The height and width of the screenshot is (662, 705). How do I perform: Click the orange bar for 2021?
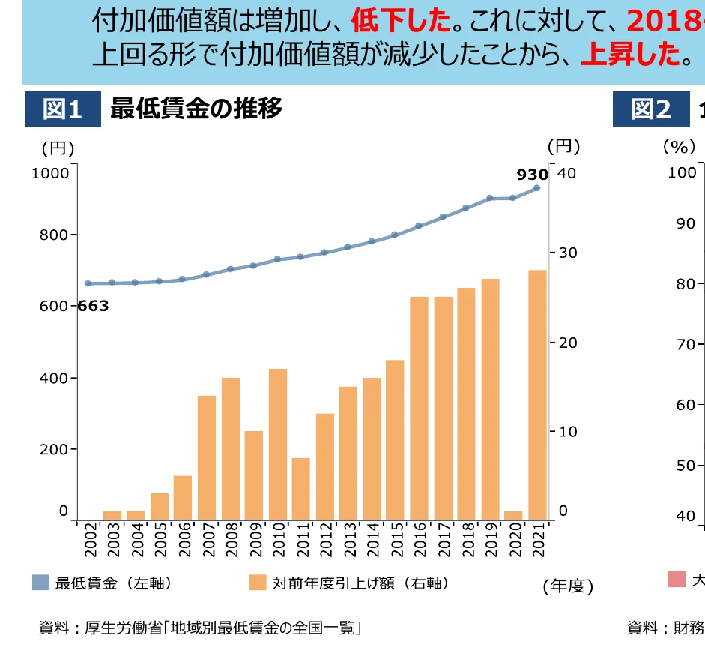pos(537,394)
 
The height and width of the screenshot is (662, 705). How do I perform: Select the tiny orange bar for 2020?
pos(513,515)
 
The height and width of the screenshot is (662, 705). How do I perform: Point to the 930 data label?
pos(532,175)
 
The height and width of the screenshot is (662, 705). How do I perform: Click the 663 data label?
pos(94,306)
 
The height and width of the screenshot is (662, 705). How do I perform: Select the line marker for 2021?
pos(537,188)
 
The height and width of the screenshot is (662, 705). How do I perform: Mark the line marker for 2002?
pos(88,283)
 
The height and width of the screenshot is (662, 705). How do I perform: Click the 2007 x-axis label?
pos(208,541)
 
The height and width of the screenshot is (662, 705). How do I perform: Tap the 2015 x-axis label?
pos(396,541)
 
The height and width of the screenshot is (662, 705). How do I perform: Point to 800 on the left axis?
pos(54,235)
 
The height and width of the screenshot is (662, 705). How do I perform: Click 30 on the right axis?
pos(568,253)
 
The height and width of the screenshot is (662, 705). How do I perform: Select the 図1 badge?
pos(63,109)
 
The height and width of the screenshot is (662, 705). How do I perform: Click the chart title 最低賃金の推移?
pos(196,109)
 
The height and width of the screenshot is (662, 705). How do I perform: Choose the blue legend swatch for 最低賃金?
pos(40,583)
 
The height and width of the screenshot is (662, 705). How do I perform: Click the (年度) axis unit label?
pos(568,586)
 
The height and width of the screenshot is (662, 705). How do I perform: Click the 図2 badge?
pos(650,109)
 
